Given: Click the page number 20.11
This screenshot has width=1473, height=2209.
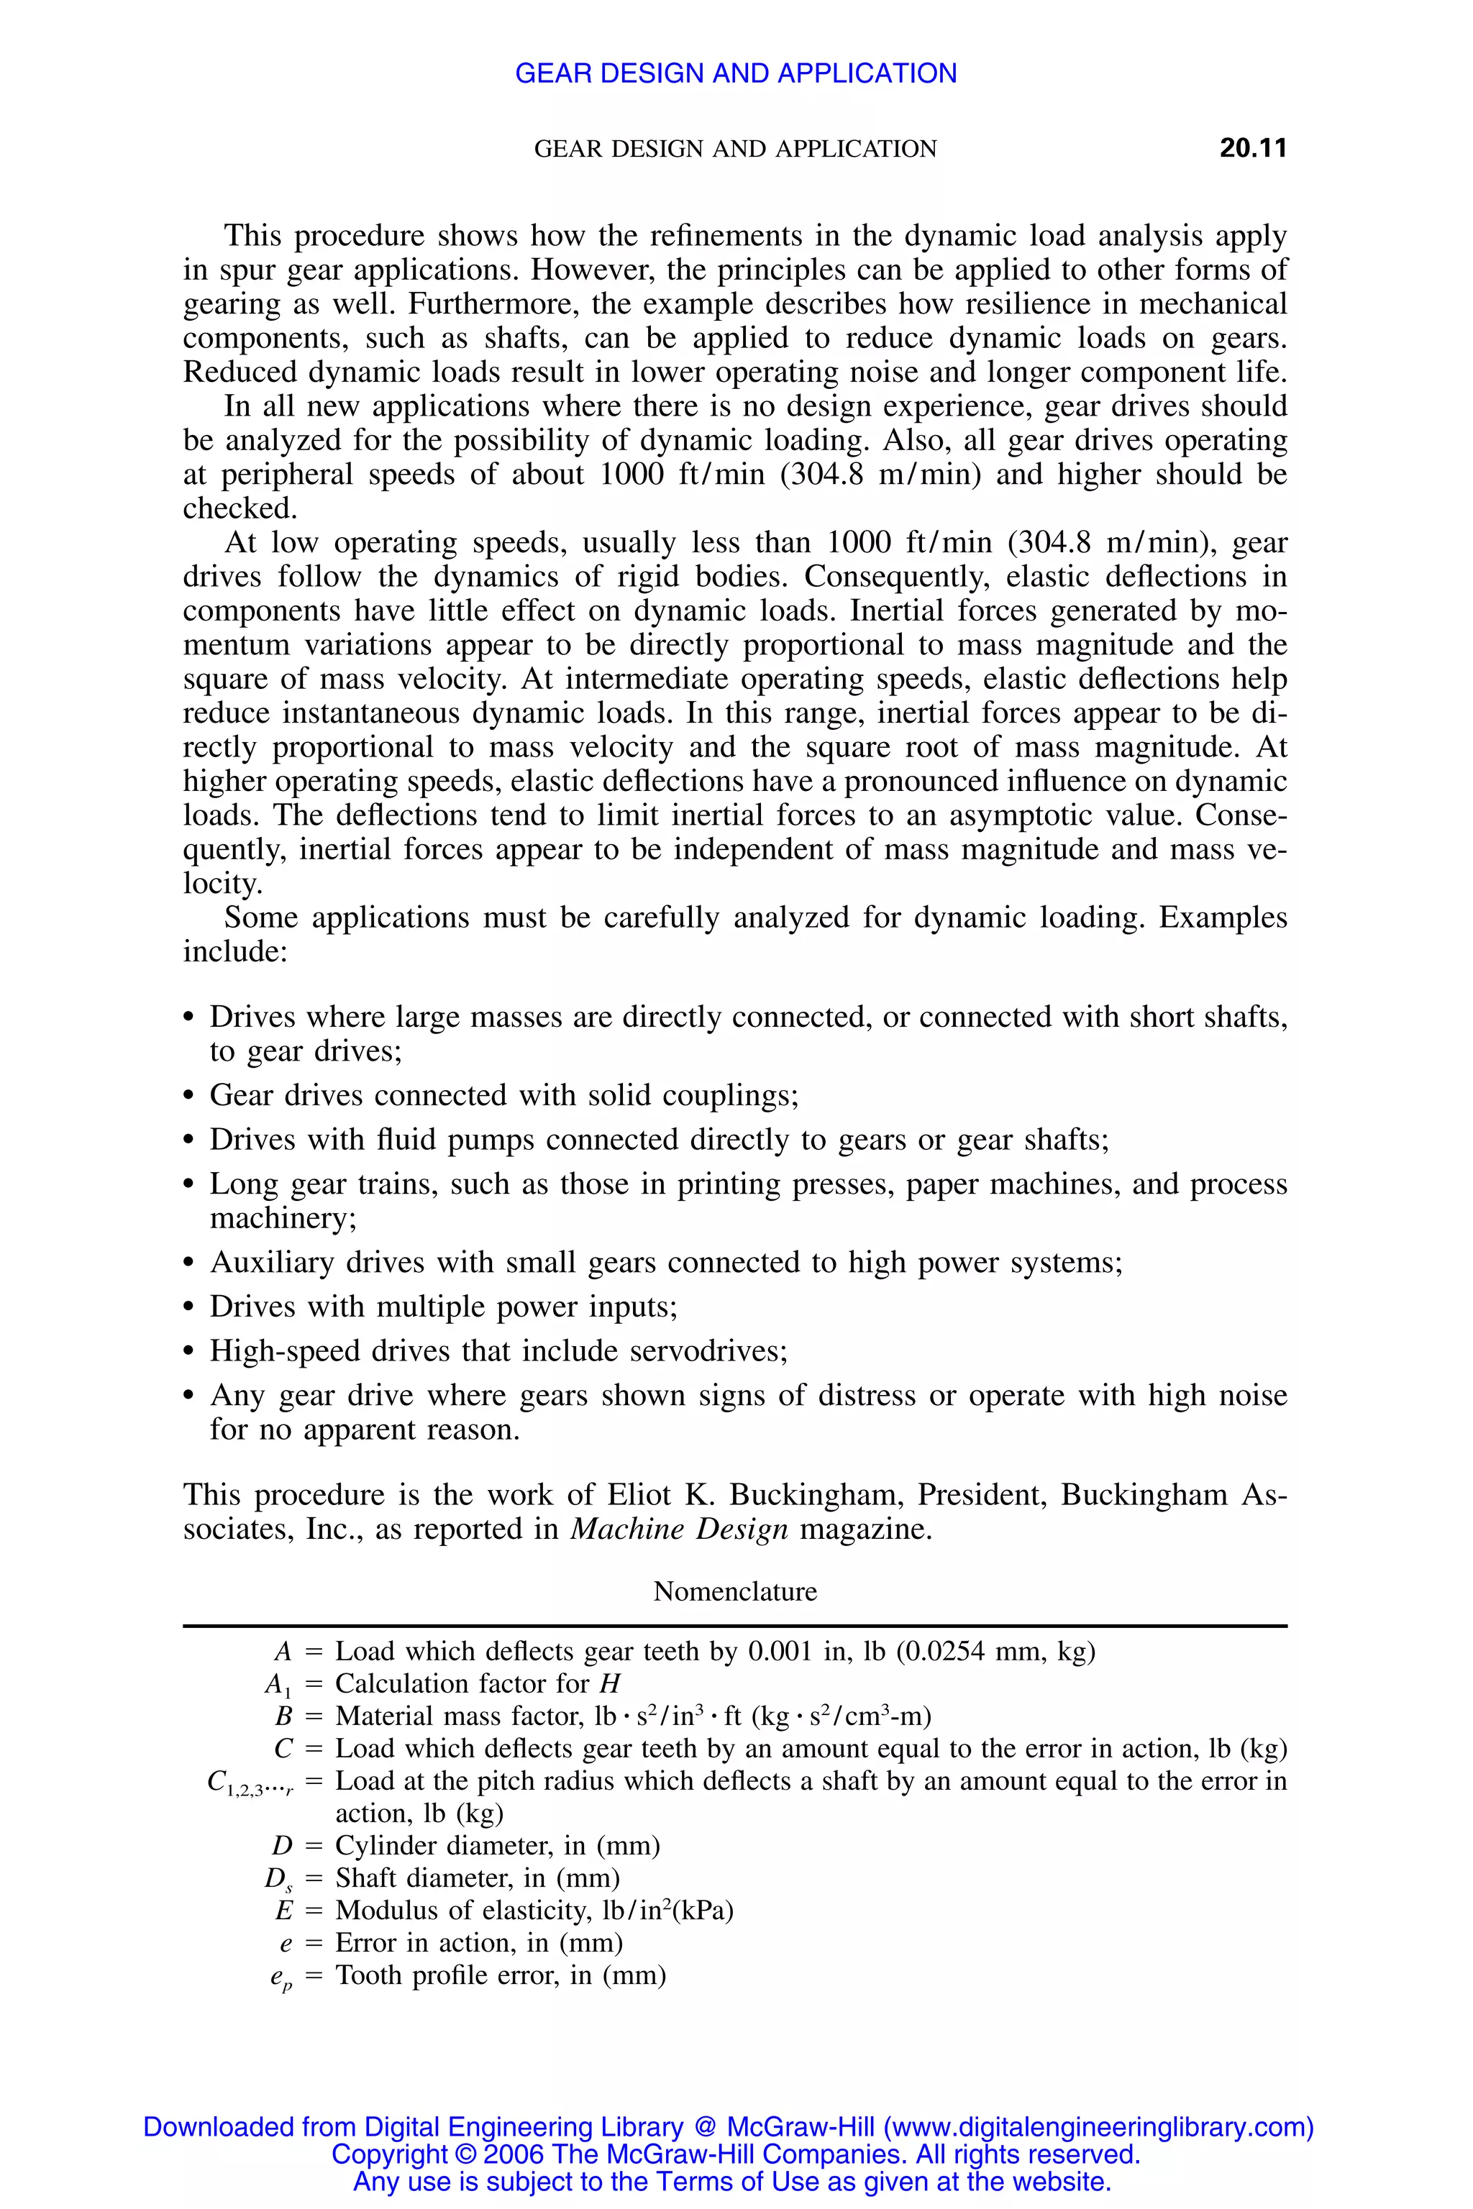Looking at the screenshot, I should (1252, 148).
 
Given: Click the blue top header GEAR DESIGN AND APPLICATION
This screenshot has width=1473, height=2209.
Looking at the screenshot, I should (736, 73).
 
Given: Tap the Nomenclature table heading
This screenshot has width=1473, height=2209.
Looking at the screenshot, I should (734, 1591).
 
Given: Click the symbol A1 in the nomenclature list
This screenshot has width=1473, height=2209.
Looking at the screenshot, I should (278, 1685).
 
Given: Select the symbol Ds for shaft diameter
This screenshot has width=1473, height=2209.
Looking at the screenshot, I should (278, 1878).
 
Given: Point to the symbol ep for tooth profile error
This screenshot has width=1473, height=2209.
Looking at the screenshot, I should (280, 1977).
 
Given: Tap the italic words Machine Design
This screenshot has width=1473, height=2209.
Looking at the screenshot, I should (679, 1529).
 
